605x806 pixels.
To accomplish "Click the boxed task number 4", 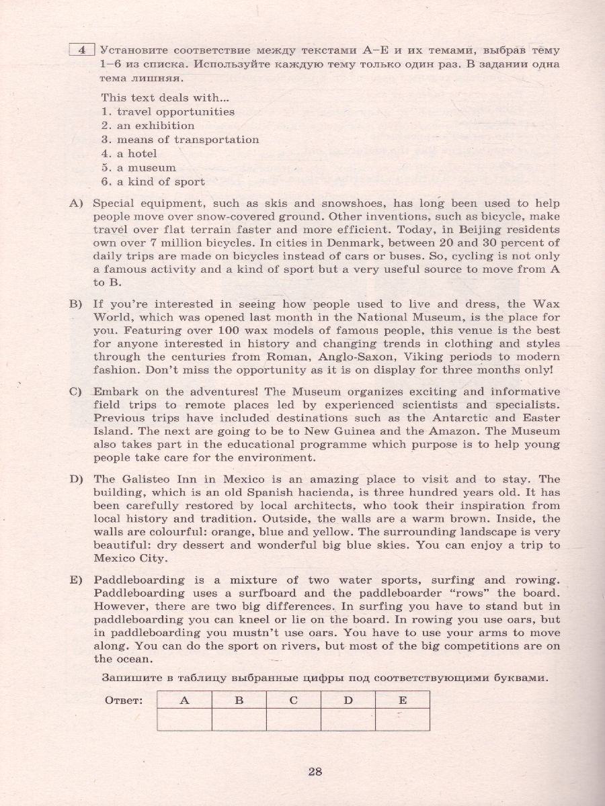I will click(x=81, y=49).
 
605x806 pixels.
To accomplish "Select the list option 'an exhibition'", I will click(x=155, y=126).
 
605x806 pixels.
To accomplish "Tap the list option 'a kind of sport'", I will click(x=161, y=182).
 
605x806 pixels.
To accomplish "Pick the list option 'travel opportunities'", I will click(x=175, y=111).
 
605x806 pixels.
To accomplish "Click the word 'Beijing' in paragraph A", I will click(x=426, y=229).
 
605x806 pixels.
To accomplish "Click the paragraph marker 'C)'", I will click(x=75, y=392).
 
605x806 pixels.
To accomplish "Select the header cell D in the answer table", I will click(x=348, y=681).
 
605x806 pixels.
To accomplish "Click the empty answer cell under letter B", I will click(x=238, y=701).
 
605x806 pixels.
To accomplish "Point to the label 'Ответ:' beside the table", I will click(x=124, y=682).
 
